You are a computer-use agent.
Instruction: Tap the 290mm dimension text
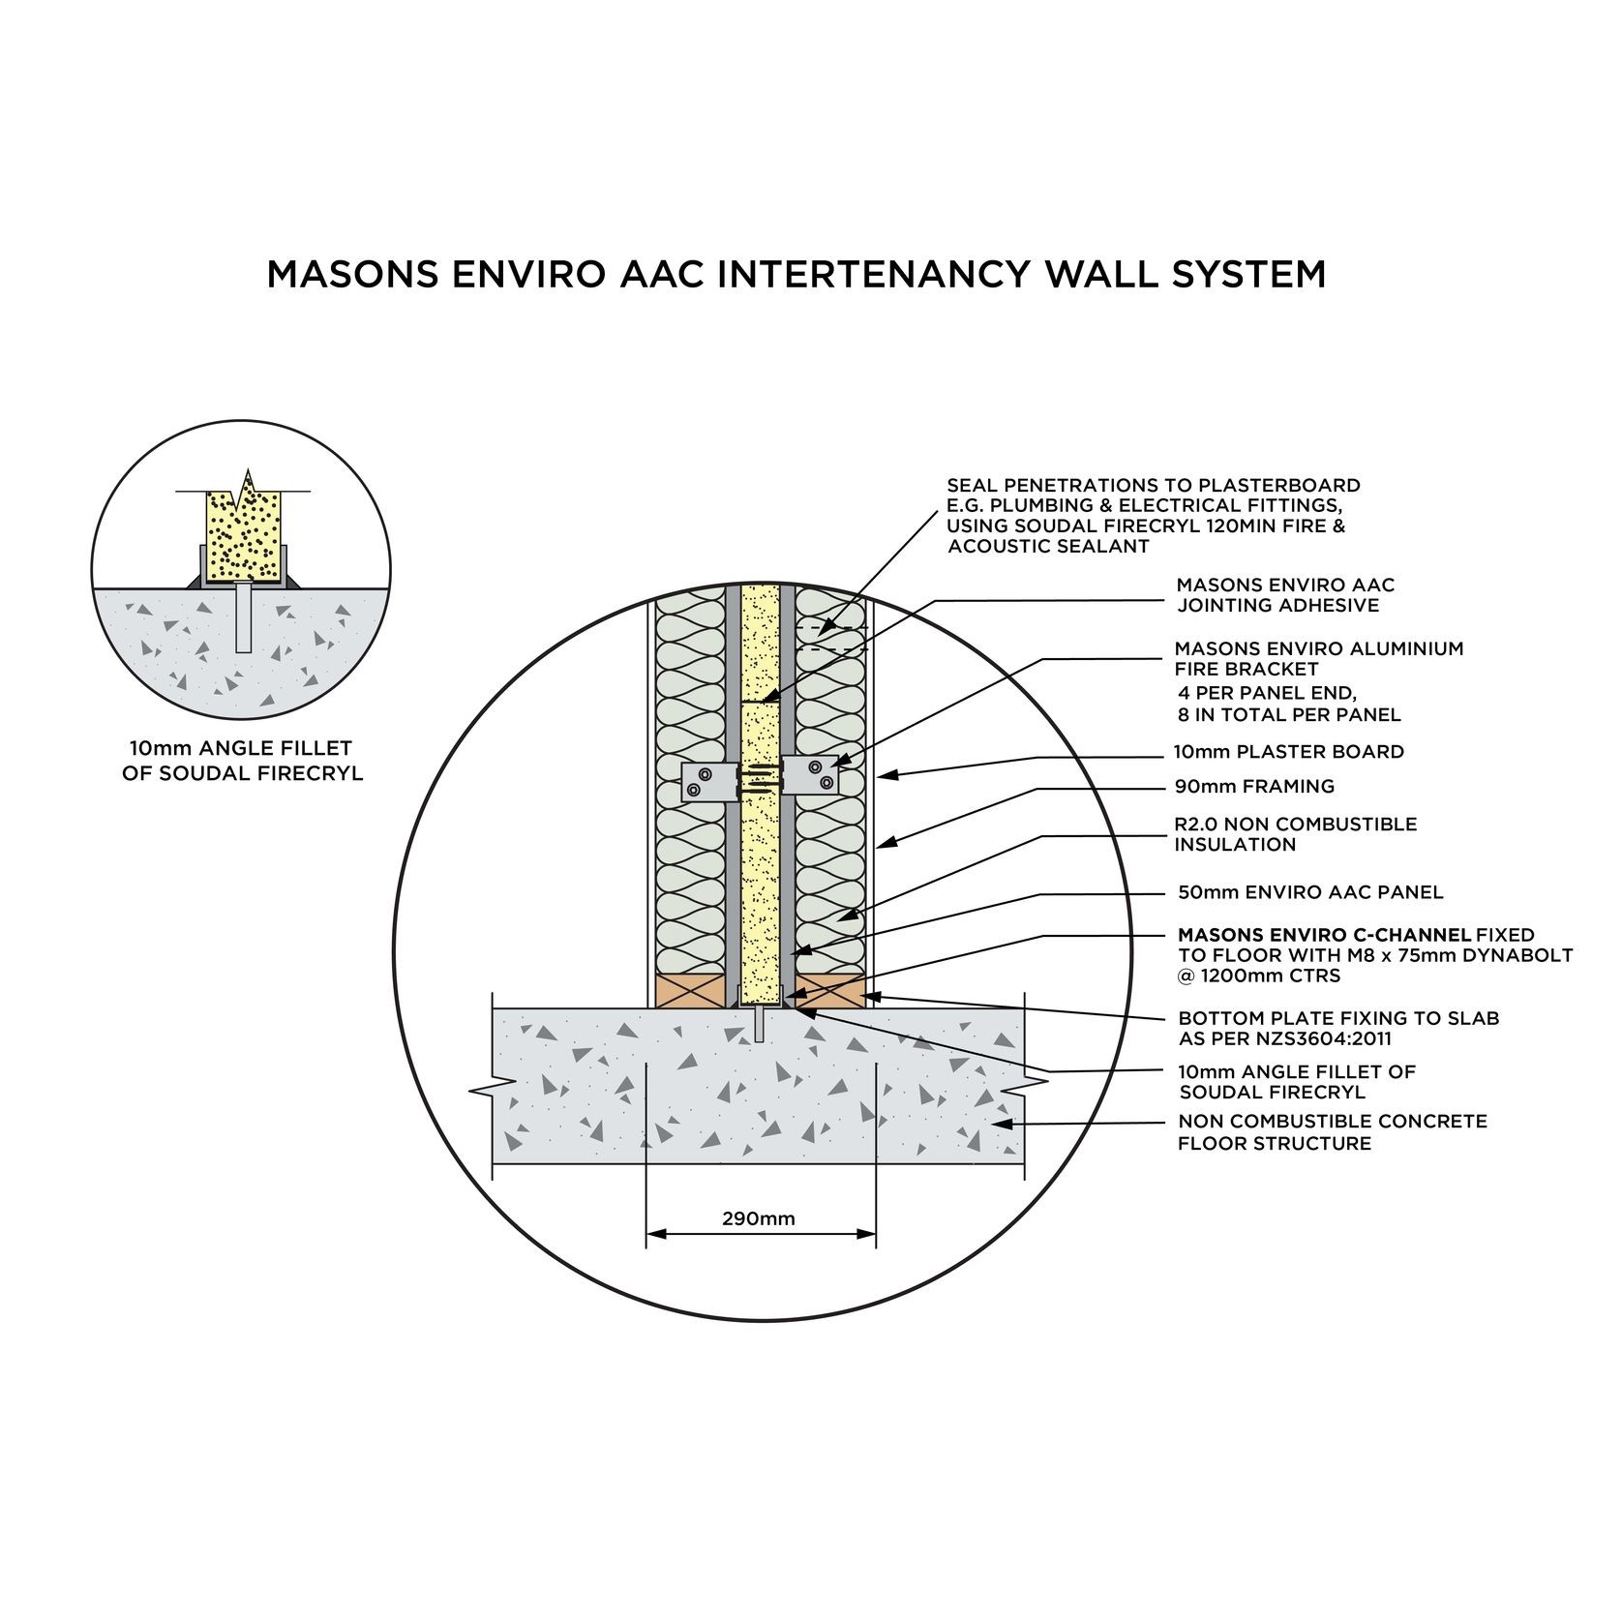click(758, 1218)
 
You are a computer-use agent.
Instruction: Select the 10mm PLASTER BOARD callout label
click(1288, 752)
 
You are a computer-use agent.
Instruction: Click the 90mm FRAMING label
click(1253, 787)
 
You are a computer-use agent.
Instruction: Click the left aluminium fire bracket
click(705, 782)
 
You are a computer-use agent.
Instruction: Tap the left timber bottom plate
click(691, 991)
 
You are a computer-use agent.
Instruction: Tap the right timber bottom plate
click(830, 991)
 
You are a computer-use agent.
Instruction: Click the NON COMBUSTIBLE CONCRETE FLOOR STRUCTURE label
click(1331, 1132)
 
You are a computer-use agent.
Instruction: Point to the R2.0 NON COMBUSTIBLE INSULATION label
click(1294, 834)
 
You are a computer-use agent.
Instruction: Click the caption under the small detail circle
click(241, 761)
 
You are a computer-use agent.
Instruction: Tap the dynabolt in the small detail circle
click(242, 617)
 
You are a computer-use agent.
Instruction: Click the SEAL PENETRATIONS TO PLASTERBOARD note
click(1152, 516)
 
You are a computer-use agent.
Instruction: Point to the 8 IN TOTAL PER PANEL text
click(1288, 716)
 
